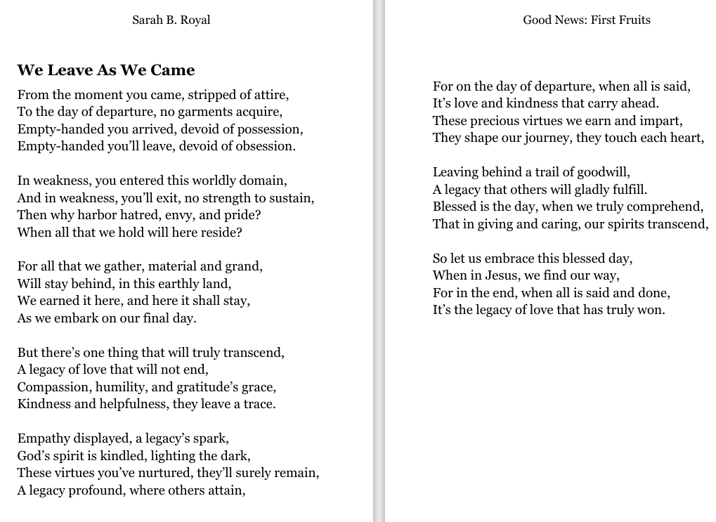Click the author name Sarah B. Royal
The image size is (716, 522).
point(171,20)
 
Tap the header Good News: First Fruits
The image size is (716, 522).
point(587,20)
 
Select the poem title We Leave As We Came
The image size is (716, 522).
point(106,70)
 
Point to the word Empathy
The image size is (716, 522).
point(43,438)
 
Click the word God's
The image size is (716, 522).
point(32,455)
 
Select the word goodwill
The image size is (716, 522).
point(603,172)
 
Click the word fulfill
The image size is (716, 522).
point(628,190)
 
